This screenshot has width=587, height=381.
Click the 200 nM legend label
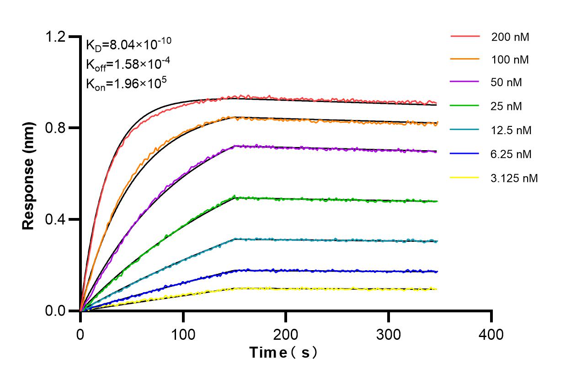510,37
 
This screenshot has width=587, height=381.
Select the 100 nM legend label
510,60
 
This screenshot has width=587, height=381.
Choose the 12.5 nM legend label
511,131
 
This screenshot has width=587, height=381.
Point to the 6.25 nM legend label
511,154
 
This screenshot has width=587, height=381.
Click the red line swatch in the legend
465,36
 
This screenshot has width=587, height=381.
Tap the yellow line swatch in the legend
465,177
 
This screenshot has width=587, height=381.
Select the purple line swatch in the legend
465,82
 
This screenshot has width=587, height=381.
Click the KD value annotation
128,44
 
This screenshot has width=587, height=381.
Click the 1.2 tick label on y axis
56,37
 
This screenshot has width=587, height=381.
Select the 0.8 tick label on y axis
56,128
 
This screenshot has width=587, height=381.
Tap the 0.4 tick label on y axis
56,219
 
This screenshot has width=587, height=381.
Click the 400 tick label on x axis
491,334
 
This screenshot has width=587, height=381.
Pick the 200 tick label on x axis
286,334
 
